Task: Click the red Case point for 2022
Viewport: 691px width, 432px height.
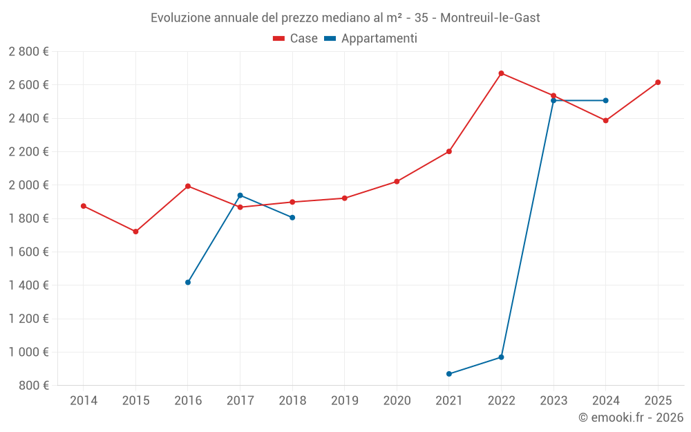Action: [501, 73]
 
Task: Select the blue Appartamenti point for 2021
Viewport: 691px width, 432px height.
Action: [449, 374]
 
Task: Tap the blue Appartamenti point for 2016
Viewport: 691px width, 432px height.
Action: [188, 282]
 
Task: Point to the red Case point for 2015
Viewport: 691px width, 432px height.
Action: [135, 232]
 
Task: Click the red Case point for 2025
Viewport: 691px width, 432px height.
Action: [658, 82]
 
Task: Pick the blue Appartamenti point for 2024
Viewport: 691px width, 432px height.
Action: [605, 100]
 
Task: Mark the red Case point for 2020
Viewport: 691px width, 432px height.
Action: [397, 181]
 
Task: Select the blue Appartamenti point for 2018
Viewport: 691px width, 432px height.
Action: [292, 218]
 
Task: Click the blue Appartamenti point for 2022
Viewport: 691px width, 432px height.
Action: [501, 357]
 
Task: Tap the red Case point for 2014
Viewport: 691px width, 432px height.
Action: [84, 206]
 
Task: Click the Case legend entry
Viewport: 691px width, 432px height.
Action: [296, 39]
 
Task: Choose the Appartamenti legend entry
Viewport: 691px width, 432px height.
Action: [371, 39]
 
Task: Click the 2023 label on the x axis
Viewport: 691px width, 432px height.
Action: [553, 400]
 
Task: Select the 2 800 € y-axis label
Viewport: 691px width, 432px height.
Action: [28, 51]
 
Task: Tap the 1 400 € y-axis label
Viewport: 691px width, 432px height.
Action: [28, 285]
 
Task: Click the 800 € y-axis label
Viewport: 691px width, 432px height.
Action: [32, 385]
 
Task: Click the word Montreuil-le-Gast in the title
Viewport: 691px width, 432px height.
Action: [490, 17]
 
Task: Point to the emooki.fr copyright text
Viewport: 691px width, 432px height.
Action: [631, 417]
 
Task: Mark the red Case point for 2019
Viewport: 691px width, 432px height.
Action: [344, 198]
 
